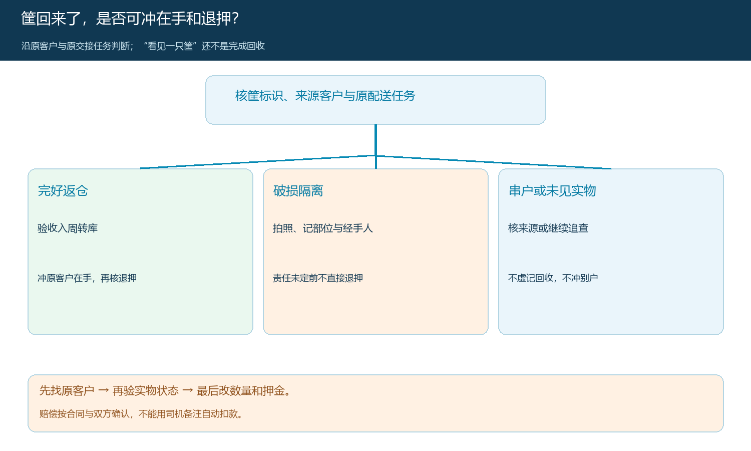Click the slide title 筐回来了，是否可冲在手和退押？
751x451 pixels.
[130, 19]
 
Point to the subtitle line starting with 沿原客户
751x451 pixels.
[143, 46]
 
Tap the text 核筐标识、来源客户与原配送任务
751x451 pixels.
[325, 96]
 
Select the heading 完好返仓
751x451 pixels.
[63, 190]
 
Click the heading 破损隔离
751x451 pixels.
[298, 190]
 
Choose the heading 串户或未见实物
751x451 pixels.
[552, 190]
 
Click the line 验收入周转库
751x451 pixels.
[68, 228]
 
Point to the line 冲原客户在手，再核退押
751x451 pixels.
[87, 278]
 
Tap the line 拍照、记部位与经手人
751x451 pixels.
[323, 228]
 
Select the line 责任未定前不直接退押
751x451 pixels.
[318, 278]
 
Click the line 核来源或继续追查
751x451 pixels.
[548, 228]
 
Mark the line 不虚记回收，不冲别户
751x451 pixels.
[553, 278]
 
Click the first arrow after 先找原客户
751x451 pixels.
[103, 390]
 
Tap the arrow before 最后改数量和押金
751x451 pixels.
[187, 390]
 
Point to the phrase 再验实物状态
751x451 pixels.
[146, 390]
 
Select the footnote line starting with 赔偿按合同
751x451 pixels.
[141, 414]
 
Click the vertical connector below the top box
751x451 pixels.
[376, 147]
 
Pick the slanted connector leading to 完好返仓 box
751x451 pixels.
[258, 162]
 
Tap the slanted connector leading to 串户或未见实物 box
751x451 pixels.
[494, 162]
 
